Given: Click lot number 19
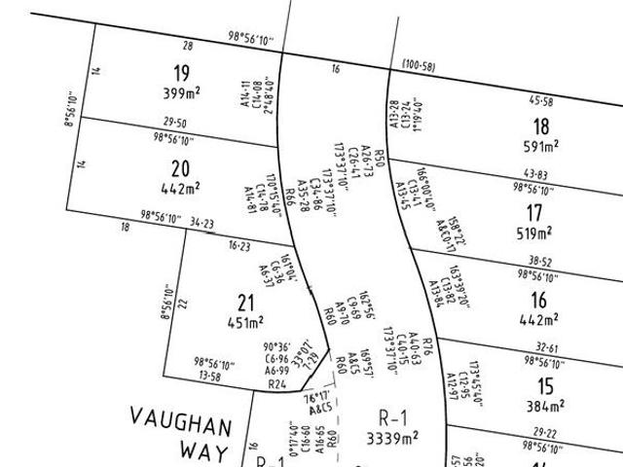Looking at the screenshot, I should (181, 72).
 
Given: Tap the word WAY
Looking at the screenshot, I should (204, 452).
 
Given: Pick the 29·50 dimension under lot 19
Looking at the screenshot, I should (175, 124).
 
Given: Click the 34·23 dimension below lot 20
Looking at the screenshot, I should (202, 223).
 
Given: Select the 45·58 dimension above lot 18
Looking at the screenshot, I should (541, 101).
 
